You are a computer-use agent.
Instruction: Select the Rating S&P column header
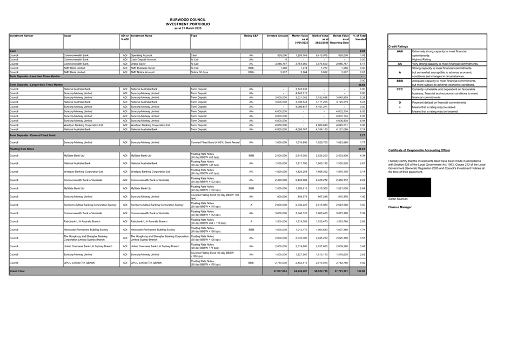click(x=251, y=36)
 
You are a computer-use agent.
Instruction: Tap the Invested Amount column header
click(x=278, y=36)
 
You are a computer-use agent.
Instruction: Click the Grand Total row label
click(x=17, y=271)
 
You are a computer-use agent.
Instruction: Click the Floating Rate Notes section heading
click(x=22, y=148)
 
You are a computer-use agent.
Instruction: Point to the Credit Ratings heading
click(x=399, y=46)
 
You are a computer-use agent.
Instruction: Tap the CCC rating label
click(x=400, y=89)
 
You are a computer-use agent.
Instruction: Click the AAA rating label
click(x=400, y=51)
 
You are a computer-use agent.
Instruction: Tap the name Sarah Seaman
click(x=398, y=199)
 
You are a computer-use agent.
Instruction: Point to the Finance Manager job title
click(x=400, y=207)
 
